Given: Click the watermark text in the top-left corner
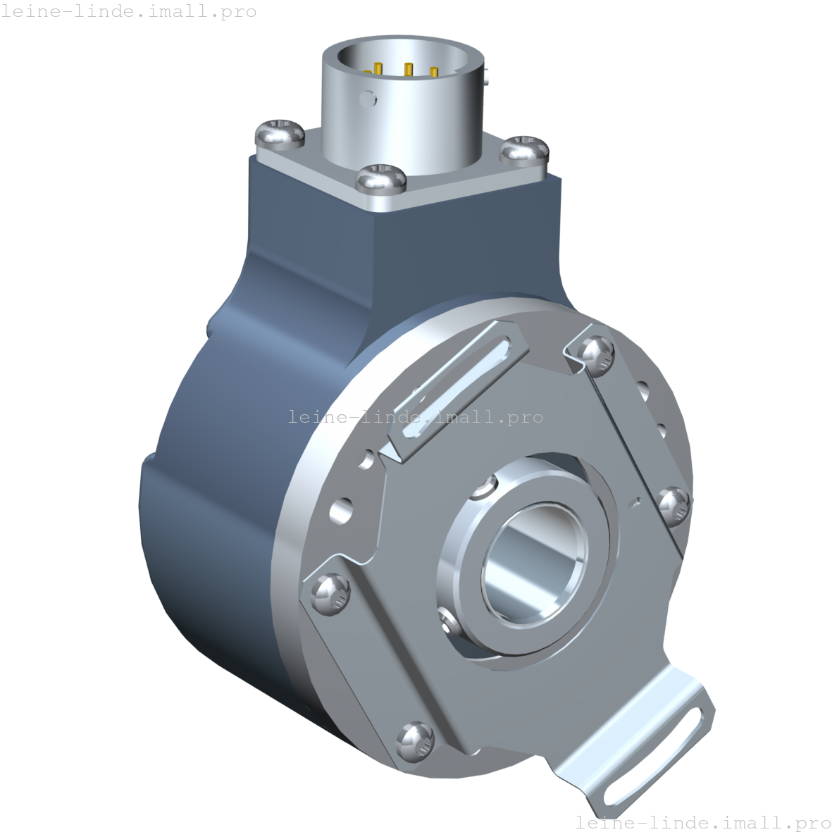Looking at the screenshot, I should (128, 12).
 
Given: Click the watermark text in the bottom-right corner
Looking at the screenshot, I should (703, 822).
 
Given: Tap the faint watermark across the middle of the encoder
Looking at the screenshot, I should (416, 417).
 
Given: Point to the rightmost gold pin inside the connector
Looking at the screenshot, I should (433, 72).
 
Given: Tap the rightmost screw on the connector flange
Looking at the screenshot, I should (525, 149).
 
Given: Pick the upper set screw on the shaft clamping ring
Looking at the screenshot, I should (485, 488).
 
